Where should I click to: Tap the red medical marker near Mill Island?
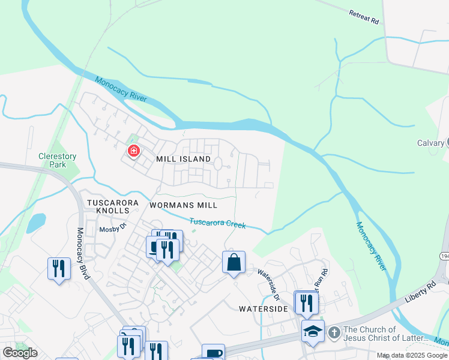coord(134,151)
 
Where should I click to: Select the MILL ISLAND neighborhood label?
coord(183,159)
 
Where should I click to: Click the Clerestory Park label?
coord(58,160)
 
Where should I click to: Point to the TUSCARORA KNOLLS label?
coord(108,206)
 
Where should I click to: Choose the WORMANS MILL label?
coord(183,205)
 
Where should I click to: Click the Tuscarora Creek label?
coord(218,223)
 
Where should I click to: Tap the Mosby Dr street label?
coord(113,228)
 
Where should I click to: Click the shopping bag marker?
coord(234,262)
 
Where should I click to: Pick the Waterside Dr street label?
coord(269,284)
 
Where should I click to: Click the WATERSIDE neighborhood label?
coord(264,308)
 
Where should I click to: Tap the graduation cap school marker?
coord(313,331)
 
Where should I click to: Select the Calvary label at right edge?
coord(430,143)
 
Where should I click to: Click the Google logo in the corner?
coord(20,353)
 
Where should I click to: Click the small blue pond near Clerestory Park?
coord(35,223)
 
